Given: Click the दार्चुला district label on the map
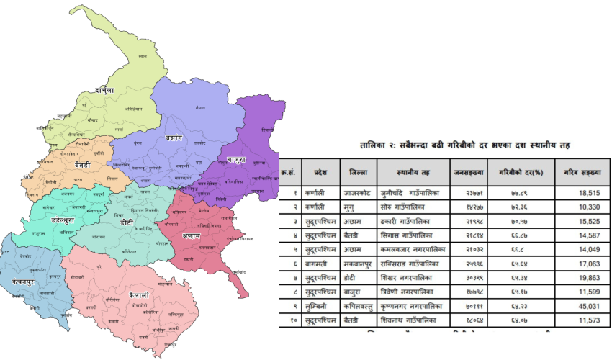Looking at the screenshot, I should [x=104, y=91].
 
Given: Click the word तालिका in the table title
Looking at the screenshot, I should [x=376, y=146].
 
